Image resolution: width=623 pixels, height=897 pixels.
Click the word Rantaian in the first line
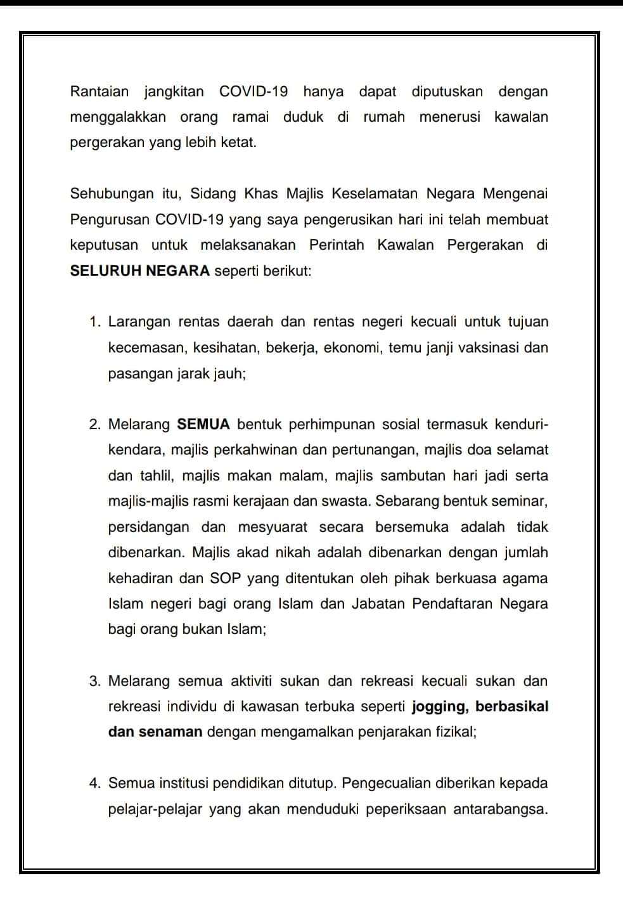tap(100, 91)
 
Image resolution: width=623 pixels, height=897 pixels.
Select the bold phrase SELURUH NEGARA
tap(140, 271)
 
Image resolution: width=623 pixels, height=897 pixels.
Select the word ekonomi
tap(350, 347)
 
